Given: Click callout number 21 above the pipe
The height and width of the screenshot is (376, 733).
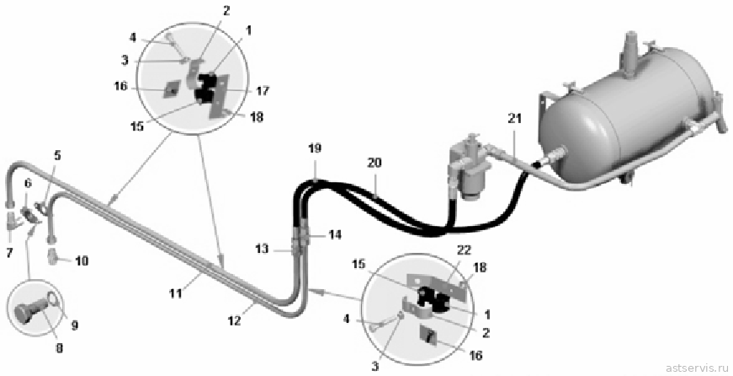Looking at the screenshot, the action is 514,119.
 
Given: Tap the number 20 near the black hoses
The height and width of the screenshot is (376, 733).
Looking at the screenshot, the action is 374,163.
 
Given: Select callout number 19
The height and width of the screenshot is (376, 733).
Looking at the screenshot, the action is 315,148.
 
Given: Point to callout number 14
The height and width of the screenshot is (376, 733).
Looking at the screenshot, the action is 335,234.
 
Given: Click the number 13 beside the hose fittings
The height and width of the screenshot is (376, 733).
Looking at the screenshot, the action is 263,249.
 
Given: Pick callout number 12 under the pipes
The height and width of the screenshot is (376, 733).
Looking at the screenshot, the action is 234,320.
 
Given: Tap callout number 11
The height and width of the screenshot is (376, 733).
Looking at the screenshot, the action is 176,293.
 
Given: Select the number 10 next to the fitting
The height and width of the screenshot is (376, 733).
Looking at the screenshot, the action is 82,261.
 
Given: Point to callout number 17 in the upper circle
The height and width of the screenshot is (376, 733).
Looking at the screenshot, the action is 263,91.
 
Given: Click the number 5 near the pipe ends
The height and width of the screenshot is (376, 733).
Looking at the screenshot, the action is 57,155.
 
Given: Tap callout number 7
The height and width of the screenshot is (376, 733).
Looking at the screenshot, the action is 9,253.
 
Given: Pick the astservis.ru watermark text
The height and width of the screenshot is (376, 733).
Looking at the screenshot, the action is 697,367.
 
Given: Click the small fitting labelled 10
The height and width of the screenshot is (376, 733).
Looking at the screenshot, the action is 53,257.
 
